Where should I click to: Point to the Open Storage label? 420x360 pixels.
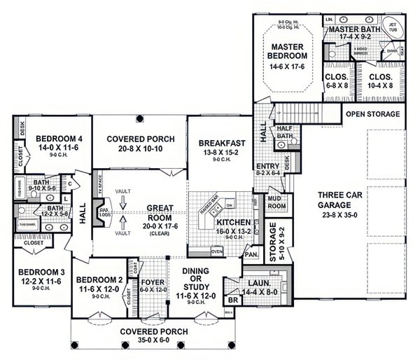pyautogui.click(x=373, y=113)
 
